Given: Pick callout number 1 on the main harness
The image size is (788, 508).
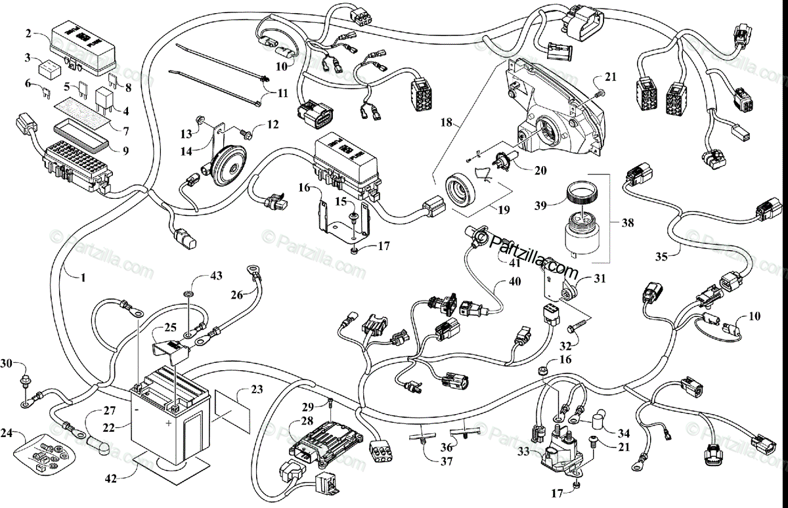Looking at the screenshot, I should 83,278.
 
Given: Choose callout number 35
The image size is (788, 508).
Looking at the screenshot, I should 661,257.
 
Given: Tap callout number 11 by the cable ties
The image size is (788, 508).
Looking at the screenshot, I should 282,94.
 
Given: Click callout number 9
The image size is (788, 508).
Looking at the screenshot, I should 124,150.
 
